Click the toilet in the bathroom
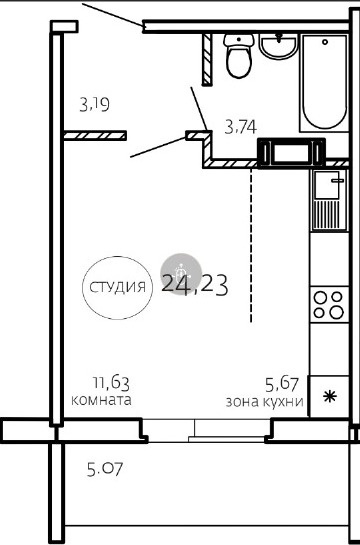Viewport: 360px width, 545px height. [239, 56]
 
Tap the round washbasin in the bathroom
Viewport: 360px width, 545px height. [279, 46]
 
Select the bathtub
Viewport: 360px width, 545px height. [324, 83]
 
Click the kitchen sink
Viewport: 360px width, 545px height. [329, 200]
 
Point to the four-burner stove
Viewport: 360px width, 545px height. [329, 304]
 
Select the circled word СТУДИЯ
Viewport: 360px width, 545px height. [117, 288]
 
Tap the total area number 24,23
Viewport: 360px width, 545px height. [195, 284]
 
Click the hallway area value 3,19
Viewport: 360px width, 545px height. [95, 104]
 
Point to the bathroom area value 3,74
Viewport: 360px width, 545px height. [240, 127]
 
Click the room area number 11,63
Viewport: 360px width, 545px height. [111, 384]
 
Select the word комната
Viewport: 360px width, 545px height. [101, 400]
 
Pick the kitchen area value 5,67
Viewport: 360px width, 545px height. [282, 384]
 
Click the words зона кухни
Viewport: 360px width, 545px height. [264, 402]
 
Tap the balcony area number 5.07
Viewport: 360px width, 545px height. [105, 469]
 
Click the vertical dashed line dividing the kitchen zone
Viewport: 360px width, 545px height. [251, 246]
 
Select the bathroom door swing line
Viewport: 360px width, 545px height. [199, 108]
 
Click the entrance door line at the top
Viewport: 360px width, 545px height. [113, 15]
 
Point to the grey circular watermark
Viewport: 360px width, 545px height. [181, 274]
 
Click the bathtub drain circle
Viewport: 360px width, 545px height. [325, 42]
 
